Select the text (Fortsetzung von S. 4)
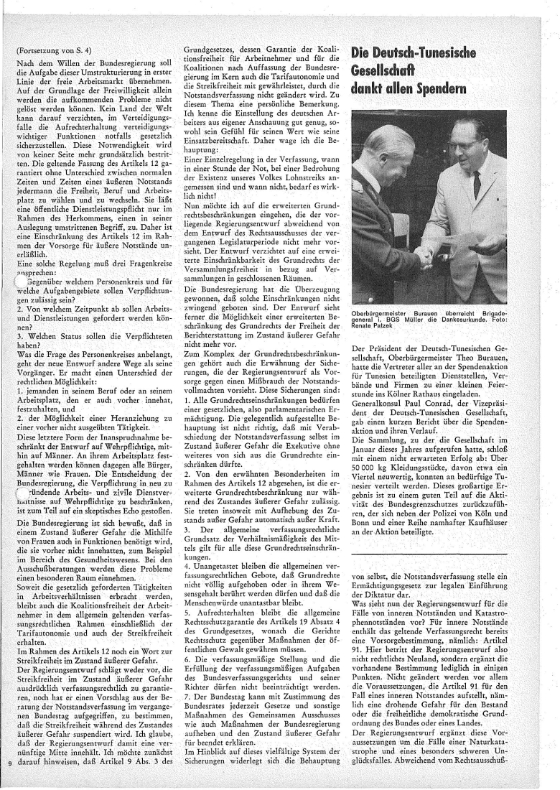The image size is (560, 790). point(53,52)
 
